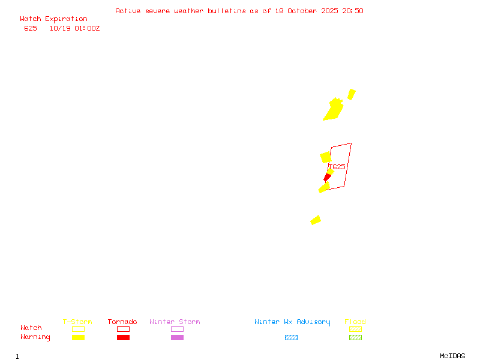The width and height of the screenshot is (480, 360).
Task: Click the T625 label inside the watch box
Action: (337, 167)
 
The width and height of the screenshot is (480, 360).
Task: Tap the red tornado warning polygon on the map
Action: (327, 177)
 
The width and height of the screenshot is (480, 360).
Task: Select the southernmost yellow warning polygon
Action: (316, 220)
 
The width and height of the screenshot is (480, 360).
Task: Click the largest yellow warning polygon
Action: (333, 110)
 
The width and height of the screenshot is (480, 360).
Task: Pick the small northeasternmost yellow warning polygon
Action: (352, 94)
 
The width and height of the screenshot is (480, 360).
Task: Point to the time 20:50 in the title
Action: (354, 11)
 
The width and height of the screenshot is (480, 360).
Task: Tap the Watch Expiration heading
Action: (53, 19)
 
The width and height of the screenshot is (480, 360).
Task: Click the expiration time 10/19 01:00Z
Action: (74, 28)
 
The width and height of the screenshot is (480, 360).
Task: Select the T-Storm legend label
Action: (77, 322)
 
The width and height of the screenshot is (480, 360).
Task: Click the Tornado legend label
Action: (122, 322)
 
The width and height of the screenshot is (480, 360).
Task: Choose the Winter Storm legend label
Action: (175, 322)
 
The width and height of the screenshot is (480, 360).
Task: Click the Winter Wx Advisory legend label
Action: (292, 322)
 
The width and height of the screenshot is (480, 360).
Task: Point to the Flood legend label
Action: (355, 322)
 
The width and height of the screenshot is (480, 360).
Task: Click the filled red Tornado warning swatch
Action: (123, 337)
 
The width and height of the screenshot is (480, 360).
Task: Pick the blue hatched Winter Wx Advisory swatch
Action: (291, 337)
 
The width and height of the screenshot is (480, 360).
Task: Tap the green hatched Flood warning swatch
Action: (355, 337)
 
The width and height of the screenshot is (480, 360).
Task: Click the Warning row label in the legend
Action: (35, 337)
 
